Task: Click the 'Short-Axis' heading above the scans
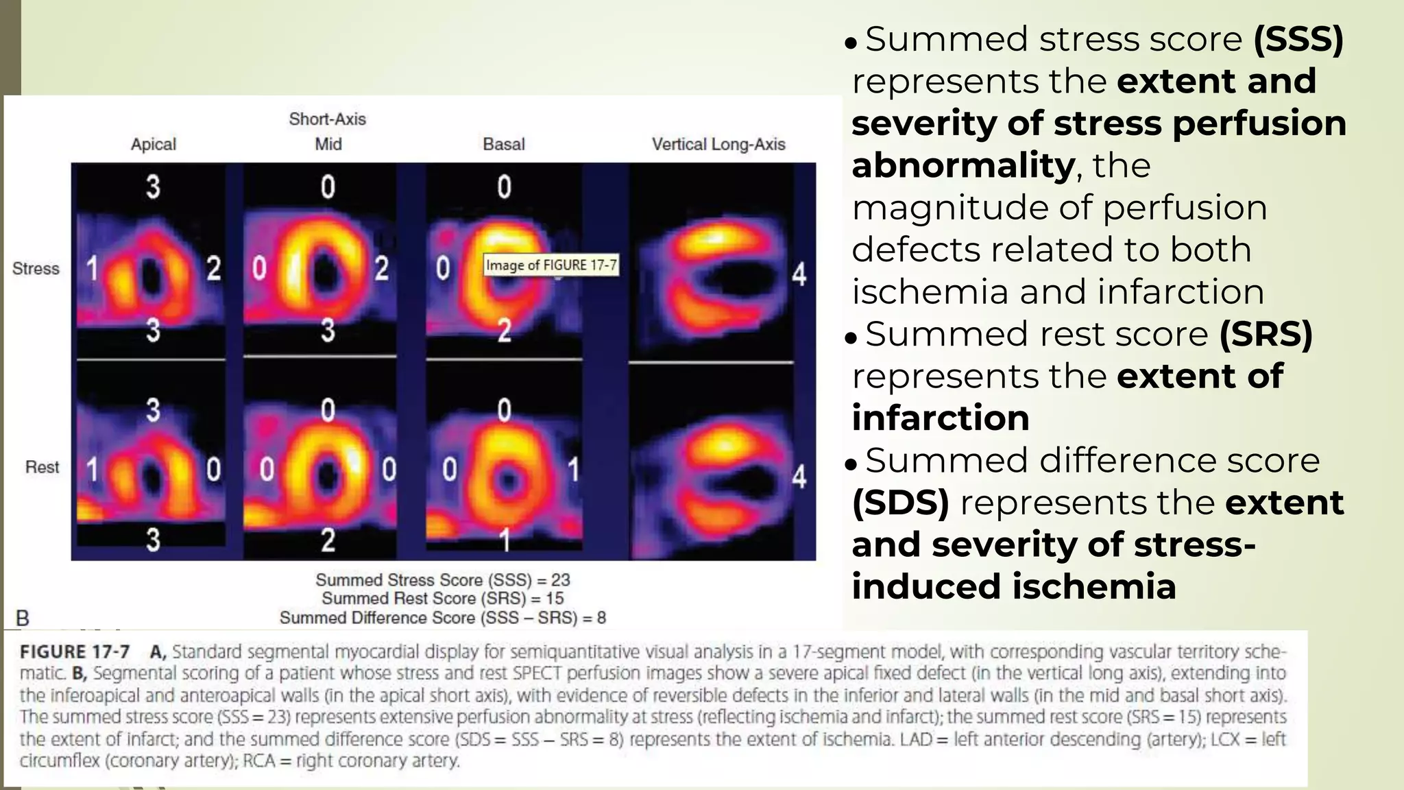[327, 119]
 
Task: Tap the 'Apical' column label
[154, 145]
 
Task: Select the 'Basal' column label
[504, 145]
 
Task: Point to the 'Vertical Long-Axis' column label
[718, 145]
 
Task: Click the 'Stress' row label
[36, 269]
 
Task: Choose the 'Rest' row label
[42, 468]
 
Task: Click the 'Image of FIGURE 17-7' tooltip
[551, 265]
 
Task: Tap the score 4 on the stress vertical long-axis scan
[799, 274]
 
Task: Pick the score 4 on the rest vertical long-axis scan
[799, 476]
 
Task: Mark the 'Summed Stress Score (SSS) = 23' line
[442, 580]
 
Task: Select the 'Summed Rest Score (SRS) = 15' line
[442, 599]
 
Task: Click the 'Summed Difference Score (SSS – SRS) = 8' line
[442, 618]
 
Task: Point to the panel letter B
[22, 618]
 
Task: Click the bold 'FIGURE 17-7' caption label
[75, 651]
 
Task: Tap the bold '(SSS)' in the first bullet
[1298, 39]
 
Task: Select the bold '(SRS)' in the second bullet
[1266, 335]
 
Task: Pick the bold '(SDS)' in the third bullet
[900, 503]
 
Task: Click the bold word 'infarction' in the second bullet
[940, 418]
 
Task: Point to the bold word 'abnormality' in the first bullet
[963, 165]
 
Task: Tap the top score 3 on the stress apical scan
[153, 187]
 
